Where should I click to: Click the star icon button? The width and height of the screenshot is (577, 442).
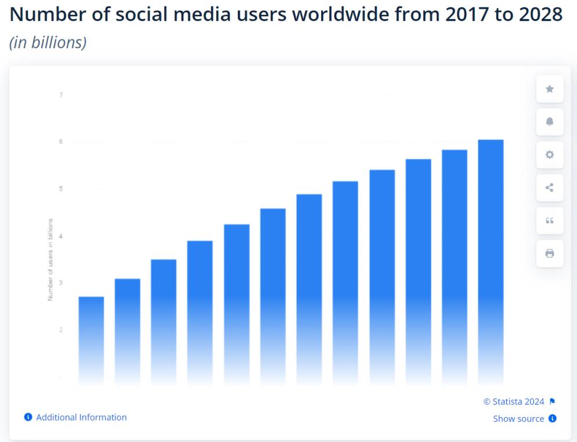click(550, 89)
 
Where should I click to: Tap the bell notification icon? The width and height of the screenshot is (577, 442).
click(550, 122)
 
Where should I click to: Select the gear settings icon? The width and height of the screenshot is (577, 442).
click(550, 155)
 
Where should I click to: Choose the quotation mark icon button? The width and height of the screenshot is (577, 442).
click(550, 220)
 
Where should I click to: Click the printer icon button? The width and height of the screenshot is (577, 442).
click(550, 253)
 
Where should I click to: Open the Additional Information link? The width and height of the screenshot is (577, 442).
click(81, 417)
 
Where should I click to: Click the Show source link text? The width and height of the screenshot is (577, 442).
click(518, 419)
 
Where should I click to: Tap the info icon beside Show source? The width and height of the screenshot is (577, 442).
click(553, 419)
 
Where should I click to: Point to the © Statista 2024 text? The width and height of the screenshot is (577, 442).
click(514, 401)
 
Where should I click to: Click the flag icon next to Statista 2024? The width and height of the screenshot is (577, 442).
click(552, 401)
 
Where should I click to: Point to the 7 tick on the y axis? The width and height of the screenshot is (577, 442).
click(61, 95)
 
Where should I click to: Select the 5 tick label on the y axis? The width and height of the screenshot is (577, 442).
click(61, 189)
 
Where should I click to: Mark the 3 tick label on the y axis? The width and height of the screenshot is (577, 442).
click(61, 283)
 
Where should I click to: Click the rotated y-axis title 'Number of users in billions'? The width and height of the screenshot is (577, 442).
click(50, 259)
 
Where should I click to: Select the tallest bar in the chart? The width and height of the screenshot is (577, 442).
click(491, 261)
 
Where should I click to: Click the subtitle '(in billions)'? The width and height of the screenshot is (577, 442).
click(48, 42)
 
